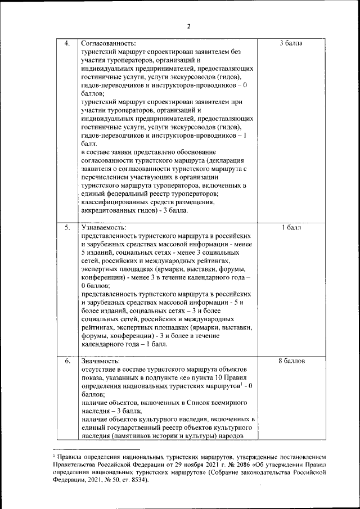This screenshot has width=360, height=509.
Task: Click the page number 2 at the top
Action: (189, 26)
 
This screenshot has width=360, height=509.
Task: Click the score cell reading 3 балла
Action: (291, 43)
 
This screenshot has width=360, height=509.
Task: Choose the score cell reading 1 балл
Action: (291, 228)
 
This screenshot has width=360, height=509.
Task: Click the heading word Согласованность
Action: (108, 43)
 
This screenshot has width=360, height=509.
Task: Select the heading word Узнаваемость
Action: (104, 228)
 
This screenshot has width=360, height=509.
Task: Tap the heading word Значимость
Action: (100, 361)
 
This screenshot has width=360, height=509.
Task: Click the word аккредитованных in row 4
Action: (111, 211)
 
